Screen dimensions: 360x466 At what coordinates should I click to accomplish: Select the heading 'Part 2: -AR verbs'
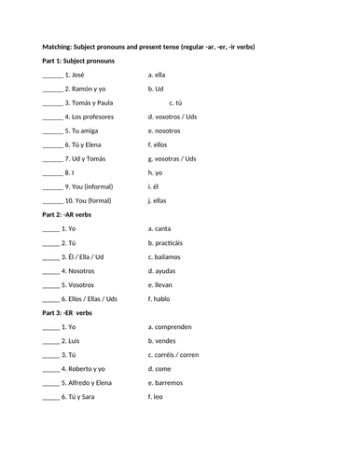[69, 214]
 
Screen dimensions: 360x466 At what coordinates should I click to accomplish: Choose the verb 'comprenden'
[174, 327]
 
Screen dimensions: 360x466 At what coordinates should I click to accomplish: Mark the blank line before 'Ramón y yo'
[51, 89]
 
